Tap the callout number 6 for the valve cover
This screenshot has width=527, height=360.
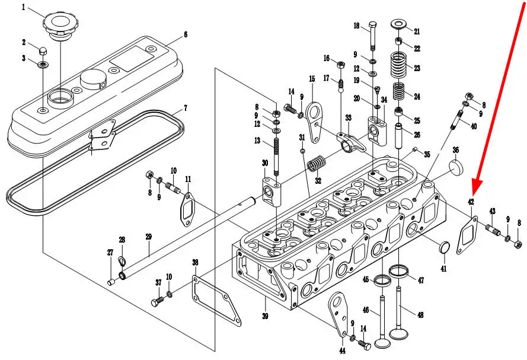185,35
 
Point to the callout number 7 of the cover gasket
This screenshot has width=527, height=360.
185,108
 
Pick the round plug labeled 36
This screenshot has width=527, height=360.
456,167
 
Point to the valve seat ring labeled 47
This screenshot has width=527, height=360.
400,272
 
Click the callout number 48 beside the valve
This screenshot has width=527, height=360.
420,315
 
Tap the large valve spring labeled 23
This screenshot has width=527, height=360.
400,63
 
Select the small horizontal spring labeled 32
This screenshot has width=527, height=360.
320,162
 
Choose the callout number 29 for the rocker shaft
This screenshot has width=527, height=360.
149,237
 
